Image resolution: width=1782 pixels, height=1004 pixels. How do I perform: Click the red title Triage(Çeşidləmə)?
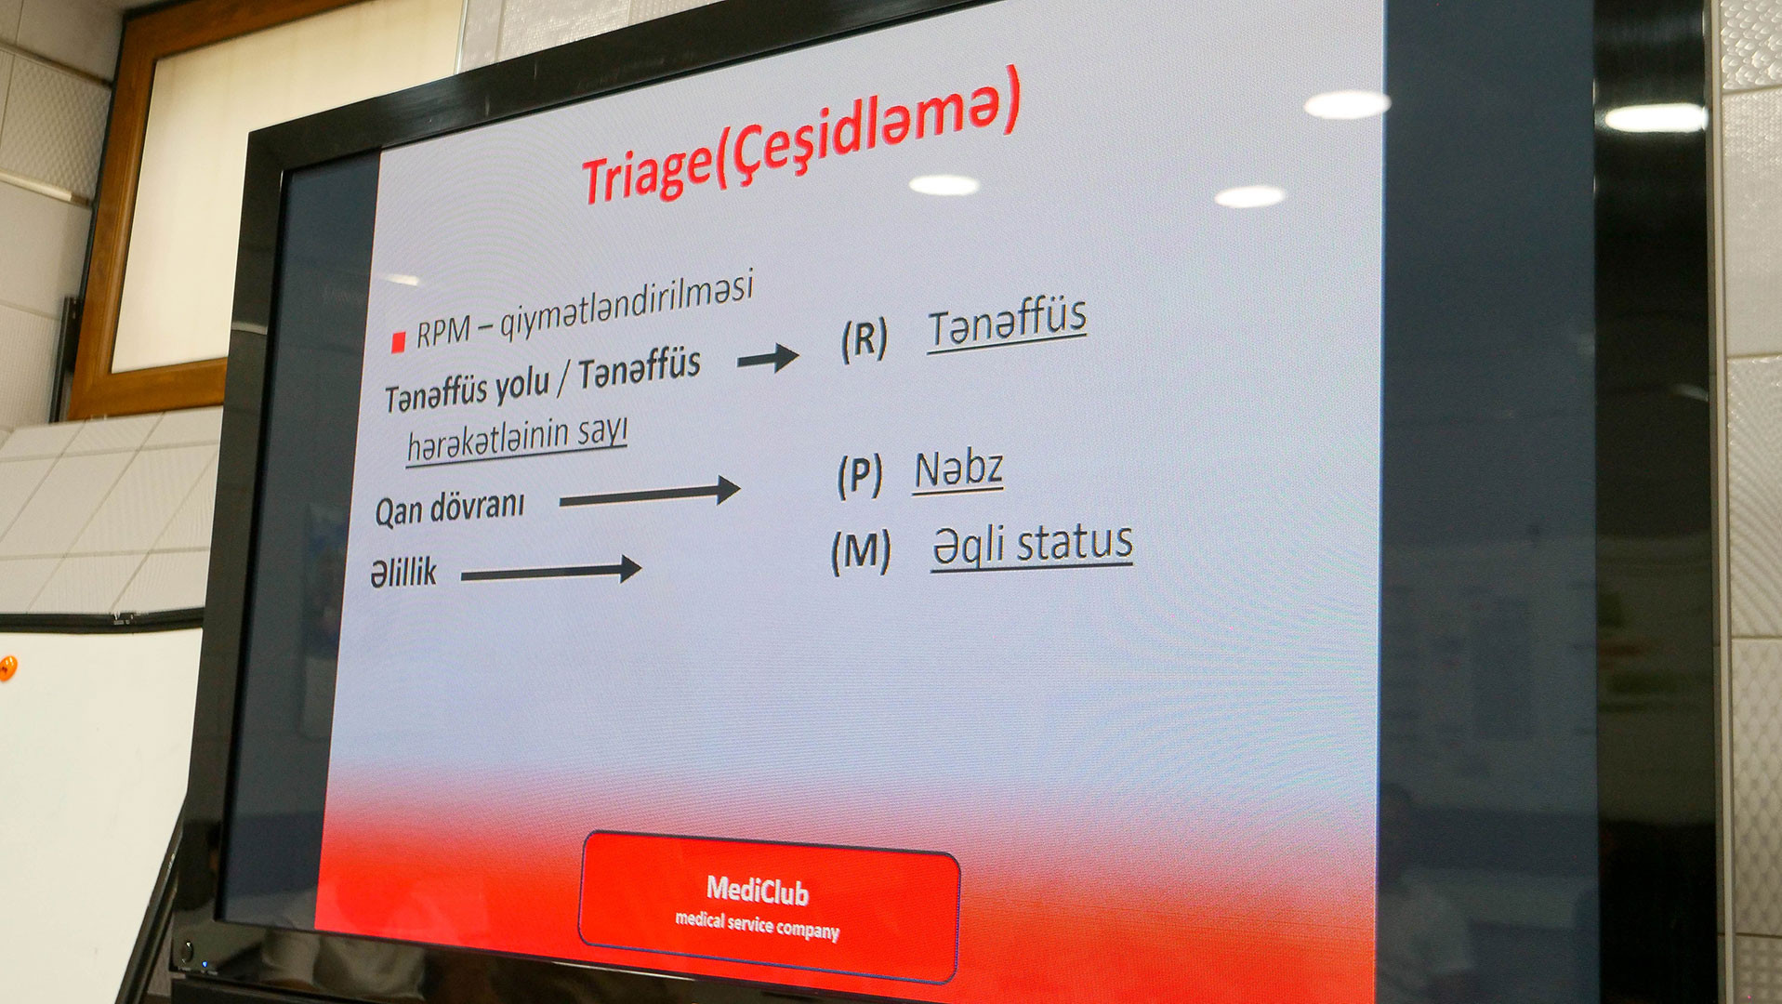(800, 136)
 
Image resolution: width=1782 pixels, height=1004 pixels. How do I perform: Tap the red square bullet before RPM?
(399, 342)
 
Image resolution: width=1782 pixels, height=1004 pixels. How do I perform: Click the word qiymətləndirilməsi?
(626, 306)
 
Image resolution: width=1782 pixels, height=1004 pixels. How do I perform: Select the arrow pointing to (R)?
(768, 358)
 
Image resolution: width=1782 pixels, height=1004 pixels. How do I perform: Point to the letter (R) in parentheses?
(864, 339)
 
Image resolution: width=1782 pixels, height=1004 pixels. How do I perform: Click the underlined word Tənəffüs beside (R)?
(1007, 323)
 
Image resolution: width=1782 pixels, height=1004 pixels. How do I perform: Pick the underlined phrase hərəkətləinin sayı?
(517, 439)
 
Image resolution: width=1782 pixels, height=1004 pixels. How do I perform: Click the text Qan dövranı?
(450, 508)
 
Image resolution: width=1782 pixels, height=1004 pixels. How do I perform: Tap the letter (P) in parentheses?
(859, 475)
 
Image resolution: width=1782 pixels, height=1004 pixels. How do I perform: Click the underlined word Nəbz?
(958, 470)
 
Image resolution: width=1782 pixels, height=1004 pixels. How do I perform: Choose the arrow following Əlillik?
(551, 570)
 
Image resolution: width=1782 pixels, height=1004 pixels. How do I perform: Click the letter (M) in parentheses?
(861, 550)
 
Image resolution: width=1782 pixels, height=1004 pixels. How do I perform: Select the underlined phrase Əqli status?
(1032, 545)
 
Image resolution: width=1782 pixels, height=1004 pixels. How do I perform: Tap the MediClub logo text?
(758, 891)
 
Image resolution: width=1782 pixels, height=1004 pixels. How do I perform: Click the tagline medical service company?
(757, 926)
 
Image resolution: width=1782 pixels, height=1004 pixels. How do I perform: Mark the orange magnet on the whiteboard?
(7, 667)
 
